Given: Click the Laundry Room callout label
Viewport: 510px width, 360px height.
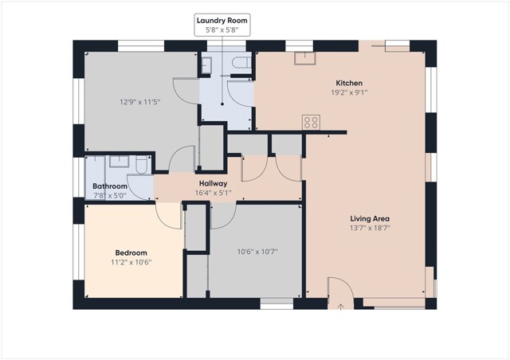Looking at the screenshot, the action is pos(222,21).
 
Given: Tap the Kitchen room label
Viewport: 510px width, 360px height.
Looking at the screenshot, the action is pos(349,83).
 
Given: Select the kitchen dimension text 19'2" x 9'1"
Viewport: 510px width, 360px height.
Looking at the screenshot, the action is pos(349,92).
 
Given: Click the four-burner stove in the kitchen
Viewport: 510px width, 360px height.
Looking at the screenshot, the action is pos(311,123).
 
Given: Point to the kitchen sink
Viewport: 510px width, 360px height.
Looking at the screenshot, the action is pos(305,58).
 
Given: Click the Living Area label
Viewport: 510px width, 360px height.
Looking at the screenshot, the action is pos(370,218).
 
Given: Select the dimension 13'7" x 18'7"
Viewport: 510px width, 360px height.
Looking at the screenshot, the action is pos(370,228).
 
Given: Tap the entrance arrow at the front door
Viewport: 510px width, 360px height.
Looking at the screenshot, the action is pos(340,307).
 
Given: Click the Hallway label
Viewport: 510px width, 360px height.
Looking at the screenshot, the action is pos(213,183).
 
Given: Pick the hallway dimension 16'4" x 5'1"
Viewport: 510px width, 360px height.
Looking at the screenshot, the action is pos(214,193).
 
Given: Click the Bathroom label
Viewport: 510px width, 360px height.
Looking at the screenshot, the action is pos(110,186).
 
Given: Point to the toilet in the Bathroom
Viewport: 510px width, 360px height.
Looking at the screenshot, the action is pos(142,165).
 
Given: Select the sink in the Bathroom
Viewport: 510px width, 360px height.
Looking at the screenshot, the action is pos(120,162).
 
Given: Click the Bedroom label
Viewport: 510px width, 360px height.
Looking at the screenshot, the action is pos(131,252).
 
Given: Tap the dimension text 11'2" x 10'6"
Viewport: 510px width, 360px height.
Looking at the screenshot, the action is pos(131,262).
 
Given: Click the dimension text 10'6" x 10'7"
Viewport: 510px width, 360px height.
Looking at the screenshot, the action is pos(257,252).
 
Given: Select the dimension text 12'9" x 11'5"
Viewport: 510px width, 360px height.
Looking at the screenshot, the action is pos(140,102).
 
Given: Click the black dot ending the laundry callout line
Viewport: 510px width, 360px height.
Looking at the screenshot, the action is pos(222,104).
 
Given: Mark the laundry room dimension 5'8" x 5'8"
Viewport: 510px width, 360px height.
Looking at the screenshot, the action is pos(222,30).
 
